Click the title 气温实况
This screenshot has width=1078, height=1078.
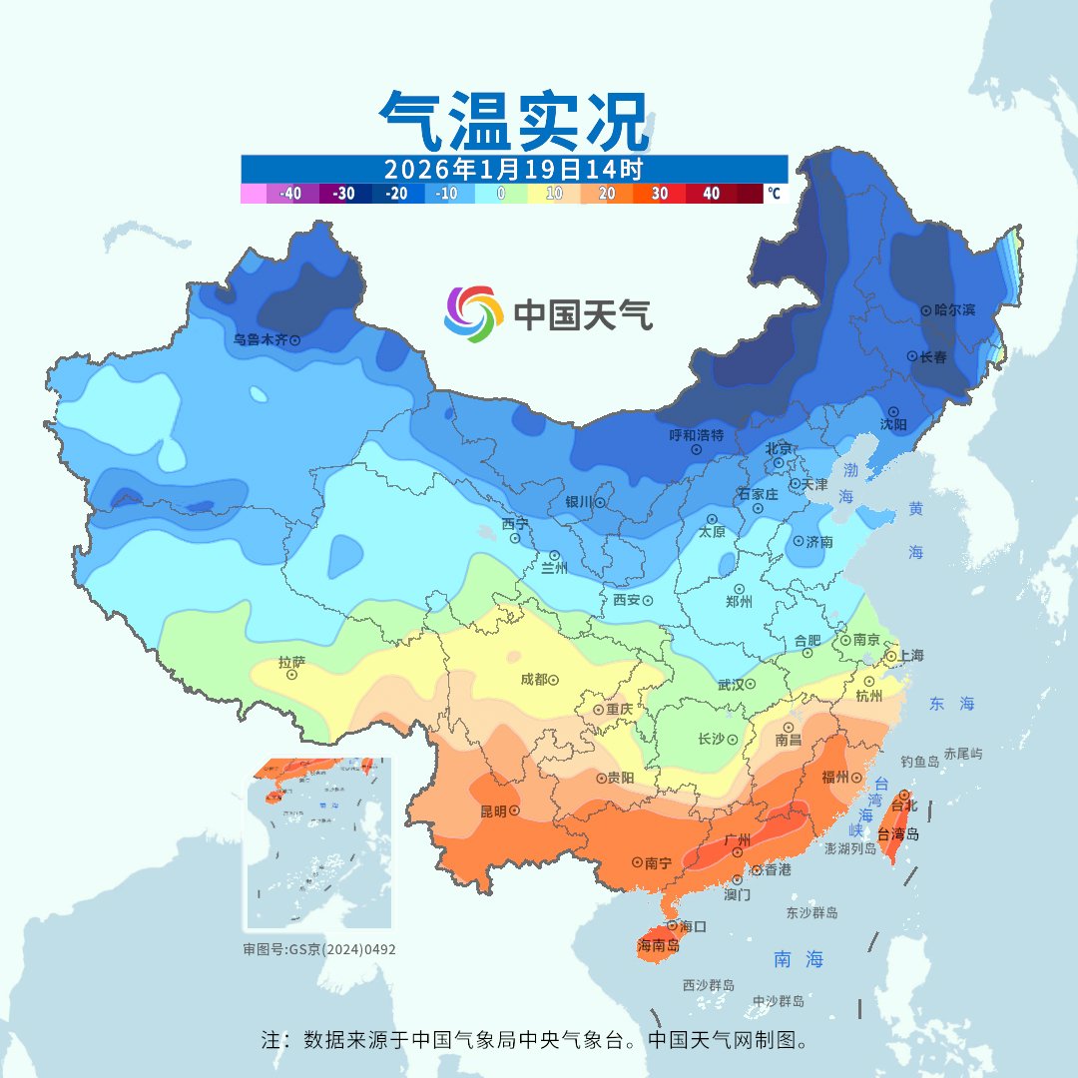514,121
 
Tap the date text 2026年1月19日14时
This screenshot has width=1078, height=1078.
513,168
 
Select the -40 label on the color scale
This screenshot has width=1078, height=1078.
290,194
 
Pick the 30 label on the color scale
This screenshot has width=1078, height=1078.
660,194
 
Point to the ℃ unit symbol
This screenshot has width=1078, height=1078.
775,194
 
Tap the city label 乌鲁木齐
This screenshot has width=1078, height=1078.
260,339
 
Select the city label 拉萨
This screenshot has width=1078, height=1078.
291,662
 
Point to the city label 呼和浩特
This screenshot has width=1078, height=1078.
696,435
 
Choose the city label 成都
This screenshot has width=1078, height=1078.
533,680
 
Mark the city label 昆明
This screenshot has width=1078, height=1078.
493,810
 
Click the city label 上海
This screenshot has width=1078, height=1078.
910,656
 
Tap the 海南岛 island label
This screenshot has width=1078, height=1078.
658,945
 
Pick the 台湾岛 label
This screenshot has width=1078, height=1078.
898,834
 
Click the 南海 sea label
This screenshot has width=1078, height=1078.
799,959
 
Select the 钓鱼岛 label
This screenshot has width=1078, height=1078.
919,762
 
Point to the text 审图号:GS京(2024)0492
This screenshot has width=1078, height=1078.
318,949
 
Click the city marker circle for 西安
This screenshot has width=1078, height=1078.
648,601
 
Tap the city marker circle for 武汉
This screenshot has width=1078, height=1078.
750,685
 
